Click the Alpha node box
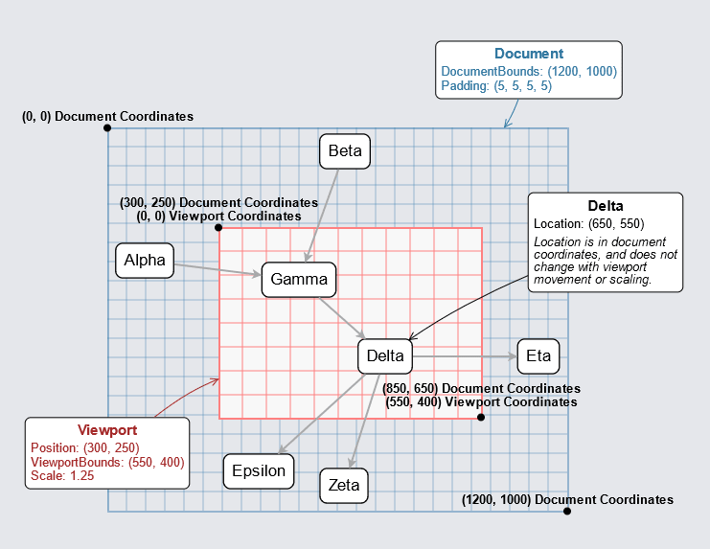(145, 260)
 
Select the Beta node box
(344, 150)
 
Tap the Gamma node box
(299, 280)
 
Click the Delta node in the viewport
(384, 356)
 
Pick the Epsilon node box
(260, 470)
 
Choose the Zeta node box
(344, 485)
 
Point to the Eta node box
(538, 356)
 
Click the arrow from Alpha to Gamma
(218, 269)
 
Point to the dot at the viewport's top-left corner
(218, 227)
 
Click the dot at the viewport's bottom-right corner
(481, 417)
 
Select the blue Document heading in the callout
(529, 55)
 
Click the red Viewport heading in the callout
(107, 430)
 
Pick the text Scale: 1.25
(63, 476)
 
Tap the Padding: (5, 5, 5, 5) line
(496, 86)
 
